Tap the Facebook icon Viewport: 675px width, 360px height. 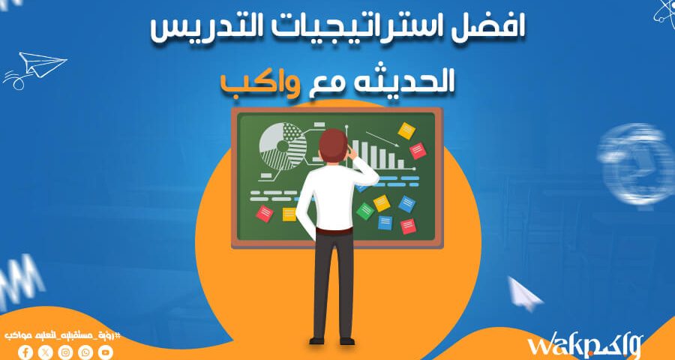tap(25, 350)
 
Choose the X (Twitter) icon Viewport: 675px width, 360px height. tap(46, 350)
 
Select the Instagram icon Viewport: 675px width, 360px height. tap(65, 350)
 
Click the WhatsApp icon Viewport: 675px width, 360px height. tap(85, 350)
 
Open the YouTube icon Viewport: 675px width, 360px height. tap(106, 350)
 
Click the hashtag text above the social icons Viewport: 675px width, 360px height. tap(63, 333)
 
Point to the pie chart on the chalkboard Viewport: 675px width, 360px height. tap(283, 145)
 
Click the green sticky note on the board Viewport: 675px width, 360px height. tap(365, 211)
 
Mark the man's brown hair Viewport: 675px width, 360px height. tap(331, 142)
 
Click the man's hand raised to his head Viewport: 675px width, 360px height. tap(352, 154)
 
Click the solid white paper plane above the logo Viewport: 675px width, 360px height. tap(525, 292)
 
